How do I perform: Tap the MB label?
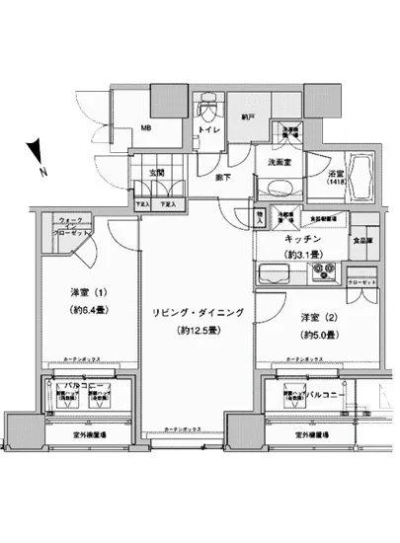click(x=144, y=127)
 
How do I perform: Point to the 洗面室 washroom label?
click(x=277, y=162)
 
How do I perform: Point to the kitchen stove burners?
click(x=327, y=275)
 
